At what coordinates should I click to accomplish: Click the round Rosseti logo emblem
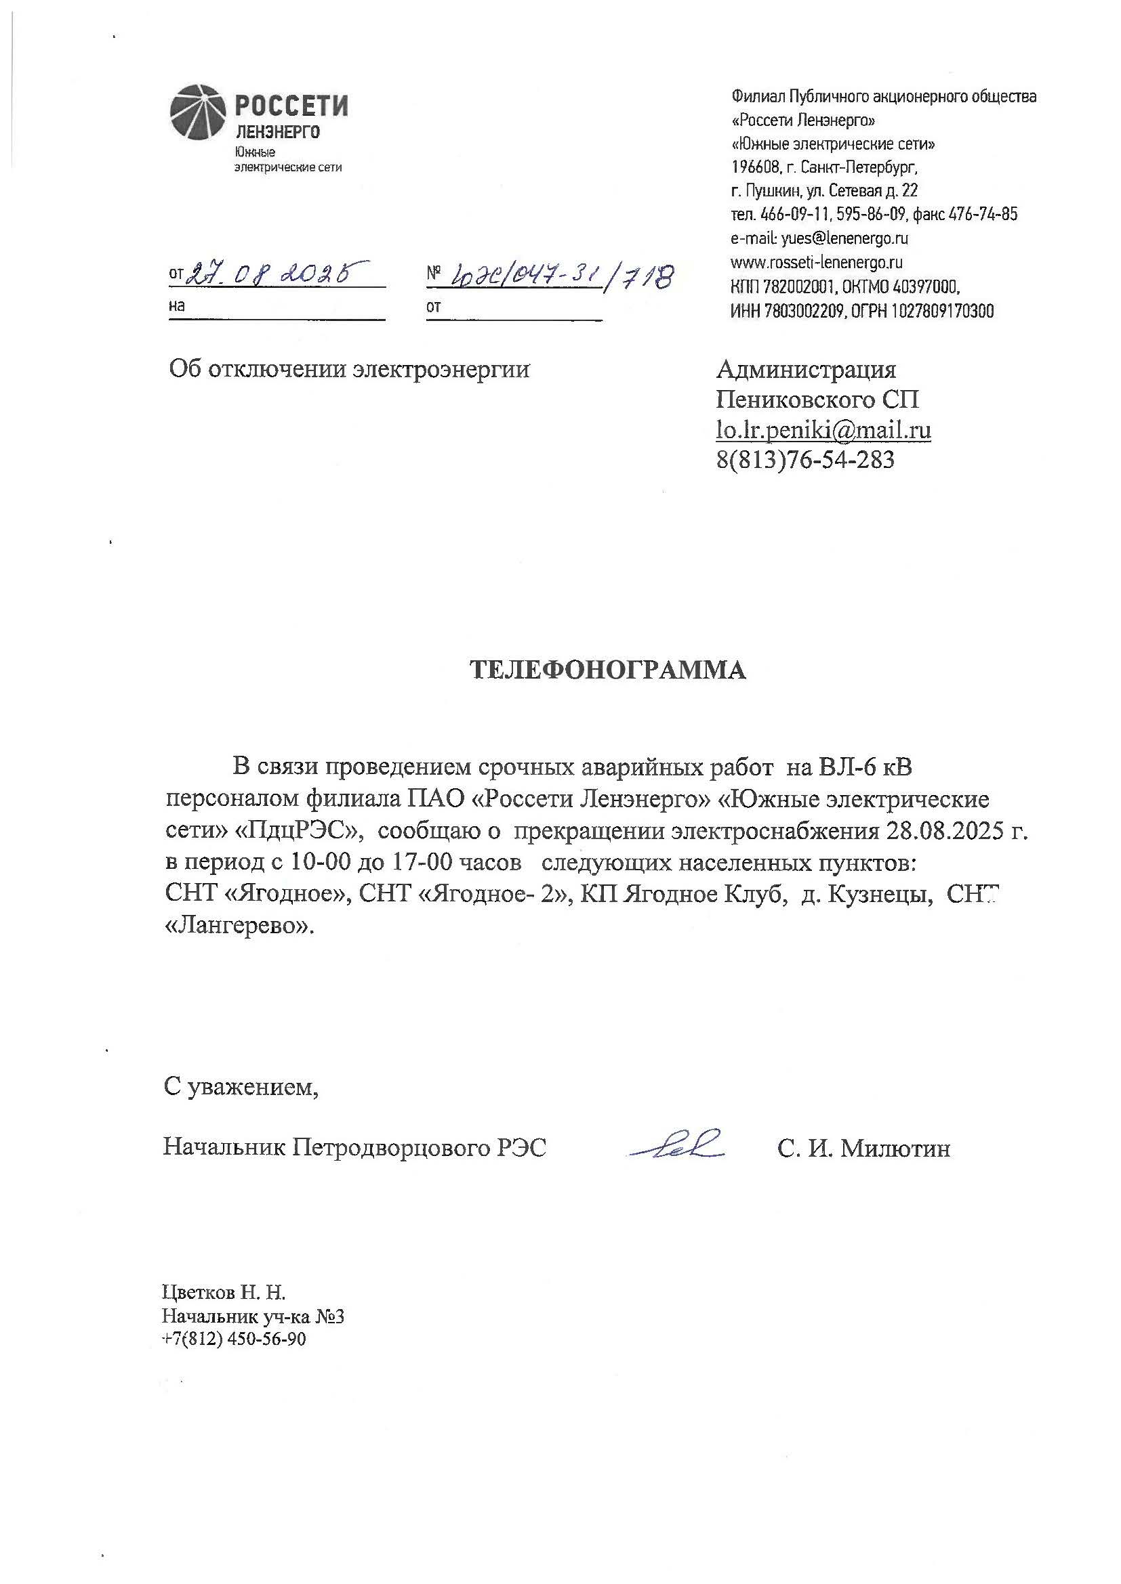[199, 112]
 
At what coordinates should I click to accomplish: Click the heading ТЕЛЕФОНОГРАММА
[607, 670]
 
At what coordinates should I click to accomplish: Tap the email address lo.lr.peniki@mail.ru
[823, 430]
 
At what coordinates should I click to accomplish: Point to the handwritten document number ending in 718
[560, 276]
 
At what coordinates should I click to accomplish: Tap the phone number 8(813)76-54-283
[805, 459]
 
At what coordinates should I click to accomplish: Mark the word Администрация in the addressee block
[807, 370]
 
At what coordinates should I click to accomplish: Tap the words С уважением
[241, 1088]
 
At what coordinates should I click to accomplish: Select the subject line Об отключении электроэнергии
[349, 370]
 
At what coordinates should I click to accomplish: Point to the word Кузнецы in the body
[877, 895]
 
